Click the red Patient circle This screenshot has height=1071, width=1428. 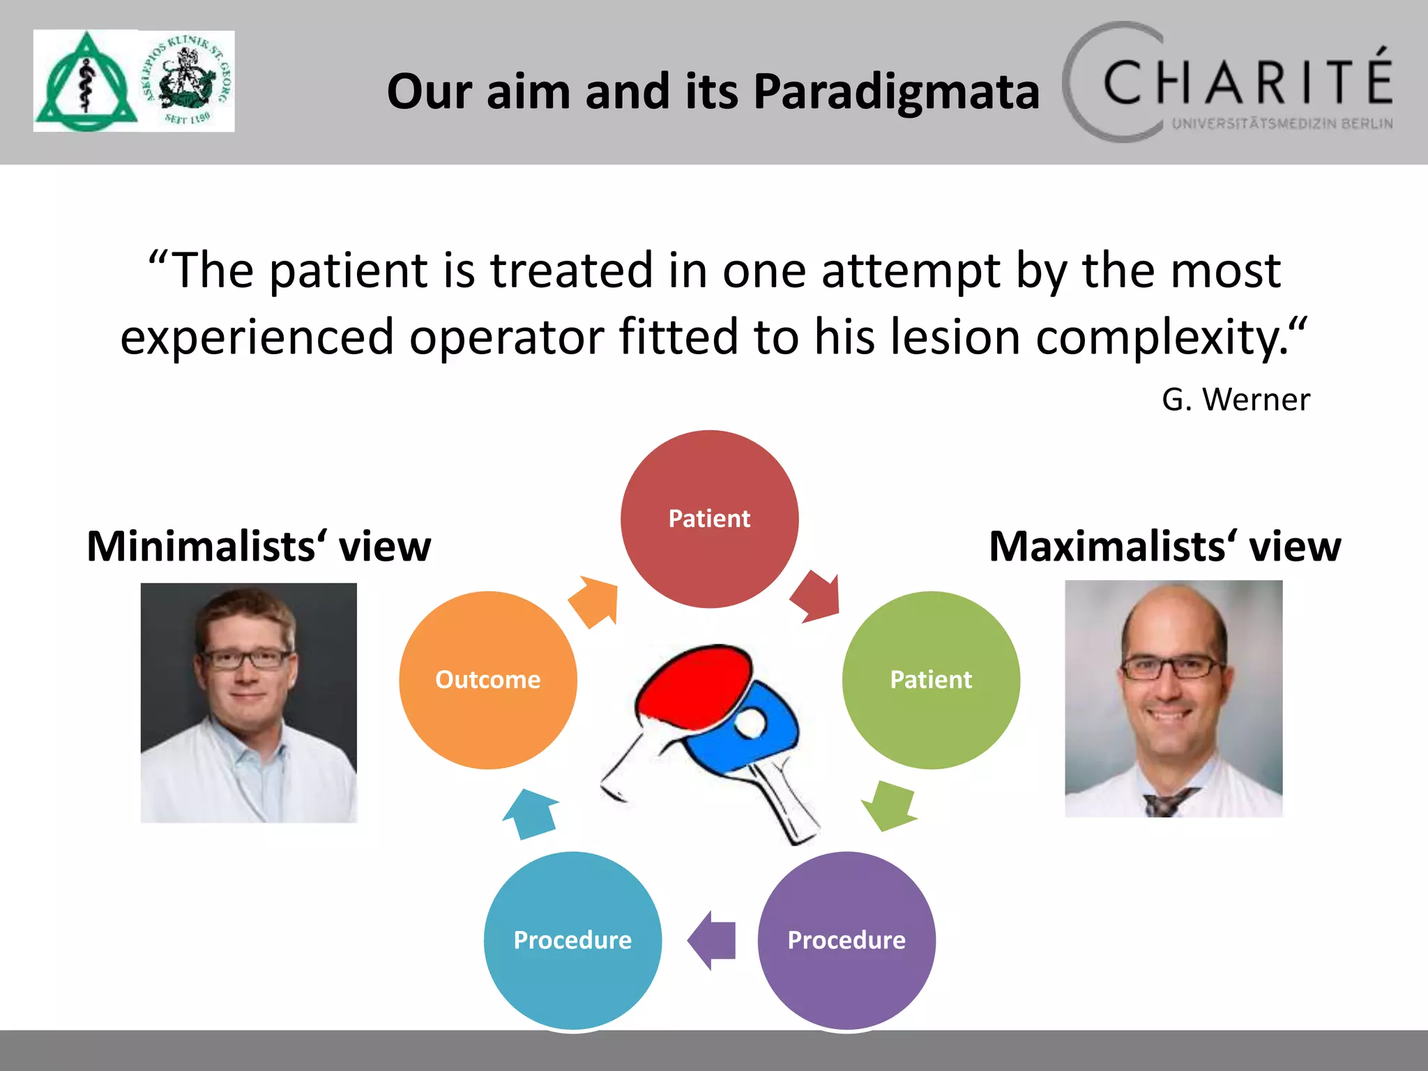709,519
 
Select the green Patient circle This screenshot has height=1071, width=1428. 931,680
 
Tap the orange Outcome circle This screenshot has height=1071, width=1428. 488,680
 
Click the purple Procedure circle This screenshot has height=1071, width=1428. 846,940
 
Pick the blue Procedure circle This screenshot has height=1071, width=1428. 572,940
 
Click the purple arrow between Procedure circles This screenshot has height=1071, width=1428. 713,940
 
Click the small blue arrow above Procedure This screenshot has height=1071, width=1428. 531,814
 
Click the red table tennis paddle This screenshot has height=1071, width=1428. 694,683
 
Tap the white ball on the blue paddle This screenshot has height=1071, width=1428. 750,722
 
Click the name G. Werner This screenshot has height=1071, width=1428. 1236,400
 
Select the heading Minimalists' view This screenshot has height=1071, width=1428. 259,546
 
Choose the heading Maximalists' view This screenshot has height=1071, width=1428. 1164,546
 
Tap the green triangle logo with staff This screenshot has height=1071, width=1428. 85,82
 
